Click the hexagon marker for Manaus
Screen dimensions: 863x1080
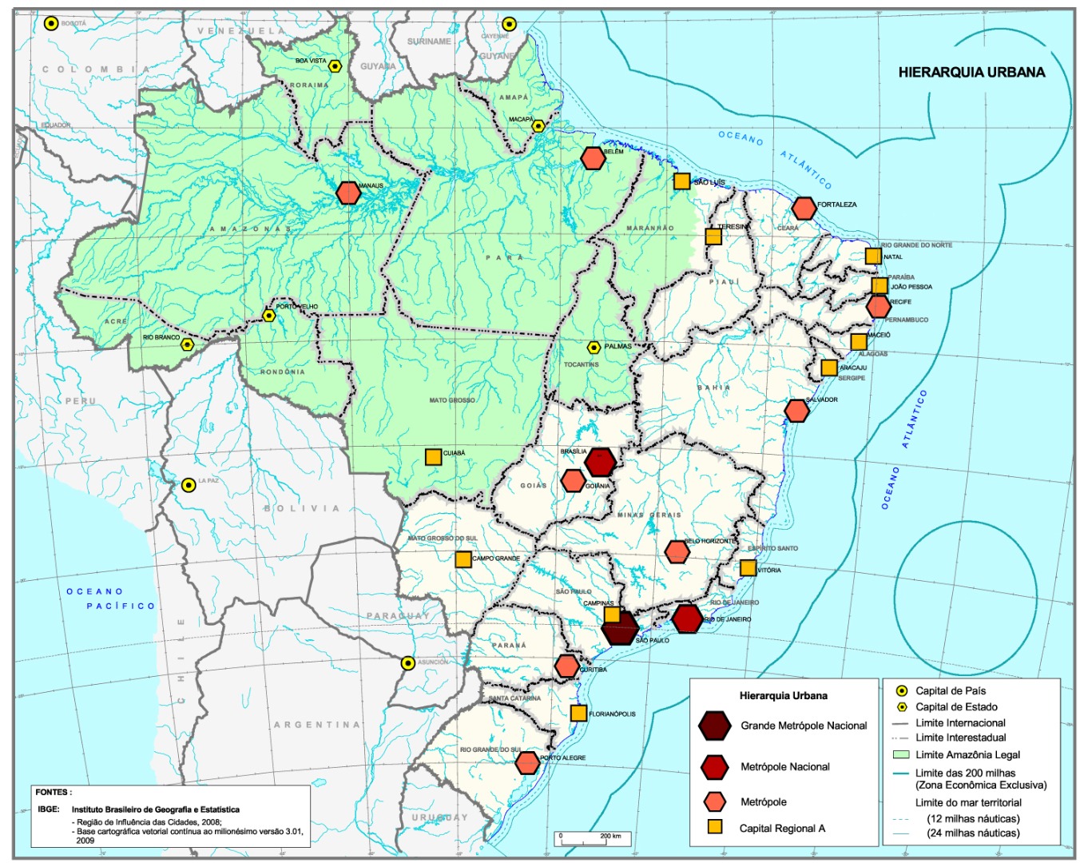coord(348,193)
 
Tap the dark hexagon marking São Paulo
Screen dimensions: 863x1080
coord(620,628)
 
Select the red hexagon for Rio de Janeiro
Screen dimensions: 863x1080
coord(687,618)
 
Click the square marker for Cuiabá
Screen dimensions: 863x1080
coord(433,457)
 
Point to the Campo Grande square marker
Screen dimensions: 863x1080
coord(463,559)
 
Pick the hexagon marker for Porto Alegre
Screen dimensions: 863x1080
coord(527,763)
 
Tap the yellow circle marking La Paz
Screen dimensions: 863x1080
coord(189,485)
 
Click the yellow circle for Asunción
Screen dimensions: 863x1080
coord(408,662)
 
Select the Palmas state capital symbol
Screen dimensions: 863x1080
coord(594,348)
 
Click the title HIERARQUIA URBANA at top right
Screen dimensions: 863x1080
coord(971,72)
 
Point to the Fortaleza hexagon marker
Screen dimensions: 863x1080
coord(804,209)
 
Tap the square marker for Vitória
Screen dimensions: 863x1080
coord(748,568)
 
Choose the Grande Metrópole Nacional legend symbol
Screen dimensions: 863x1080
coord(713,726)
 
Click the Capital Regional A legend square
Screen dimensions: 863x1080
coord(714,827)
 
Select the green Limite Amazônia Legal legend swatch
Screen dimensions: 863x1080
coord(901,754)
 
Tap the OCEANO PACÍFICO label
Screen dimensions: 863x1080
coord(111,599)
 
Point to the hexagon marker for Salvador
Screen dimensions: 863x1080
coord(796,410)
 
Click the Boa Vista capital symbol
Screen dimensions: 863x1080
coord(336,66)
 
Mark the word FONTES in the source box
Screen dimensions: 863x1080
coord(53,792)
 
